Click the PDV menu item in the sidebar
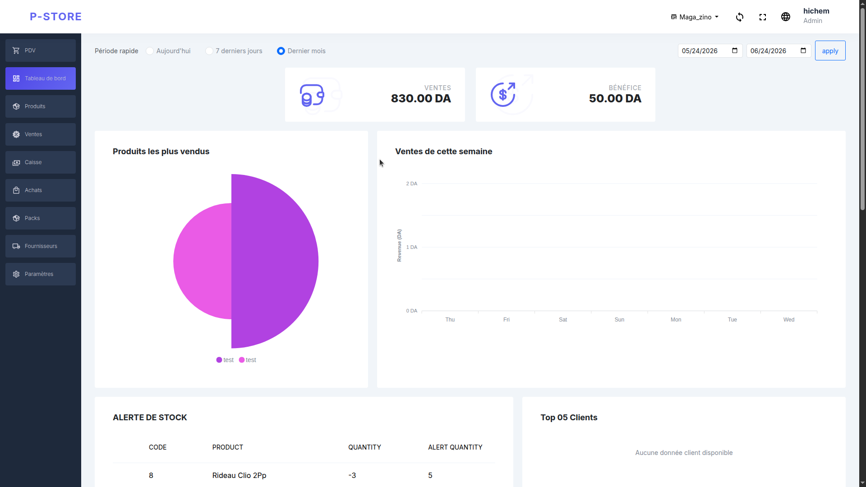[41, 51]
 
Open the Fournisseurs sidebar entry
[41, 246]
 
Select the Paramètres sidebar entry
[41, 274]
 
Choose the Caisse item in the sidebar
[41, 162]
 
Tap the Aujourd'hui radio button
[150, 51]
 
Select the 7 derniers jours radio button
[209, 51]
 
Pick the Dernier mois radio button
[281, 51]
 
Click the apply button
[830, 51]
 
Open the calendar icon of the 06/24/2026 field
[803, 51]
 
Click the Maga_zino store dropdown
[695, 17]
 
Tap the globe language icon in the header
[786, 17]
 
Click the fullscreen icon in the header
[763, 17]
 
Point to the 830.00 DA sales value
[421, 99]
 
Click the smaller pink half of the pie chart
[203, 261]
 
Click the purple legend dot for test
[219, 360]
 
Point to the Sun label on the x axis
[619, 320]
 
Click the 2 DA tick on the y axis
[411, 184]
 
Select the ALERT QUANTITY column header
[455, 447]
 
